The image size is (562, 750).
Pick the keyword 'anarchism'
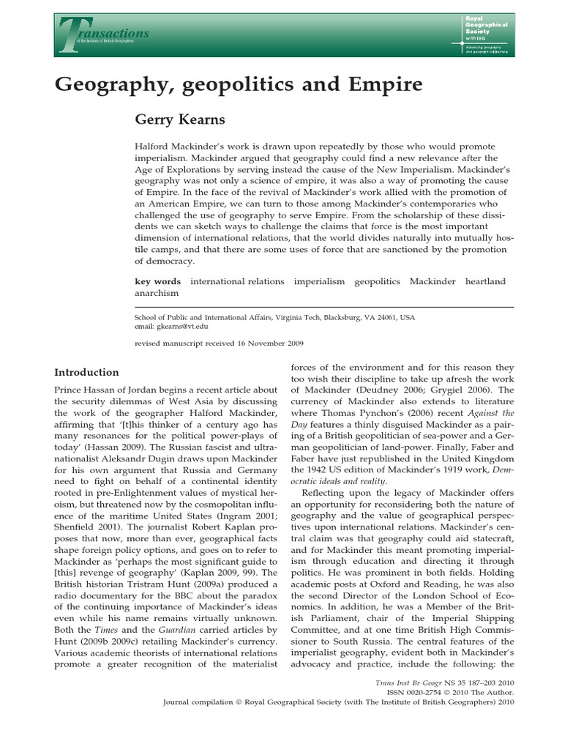(x=157, y=293)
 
